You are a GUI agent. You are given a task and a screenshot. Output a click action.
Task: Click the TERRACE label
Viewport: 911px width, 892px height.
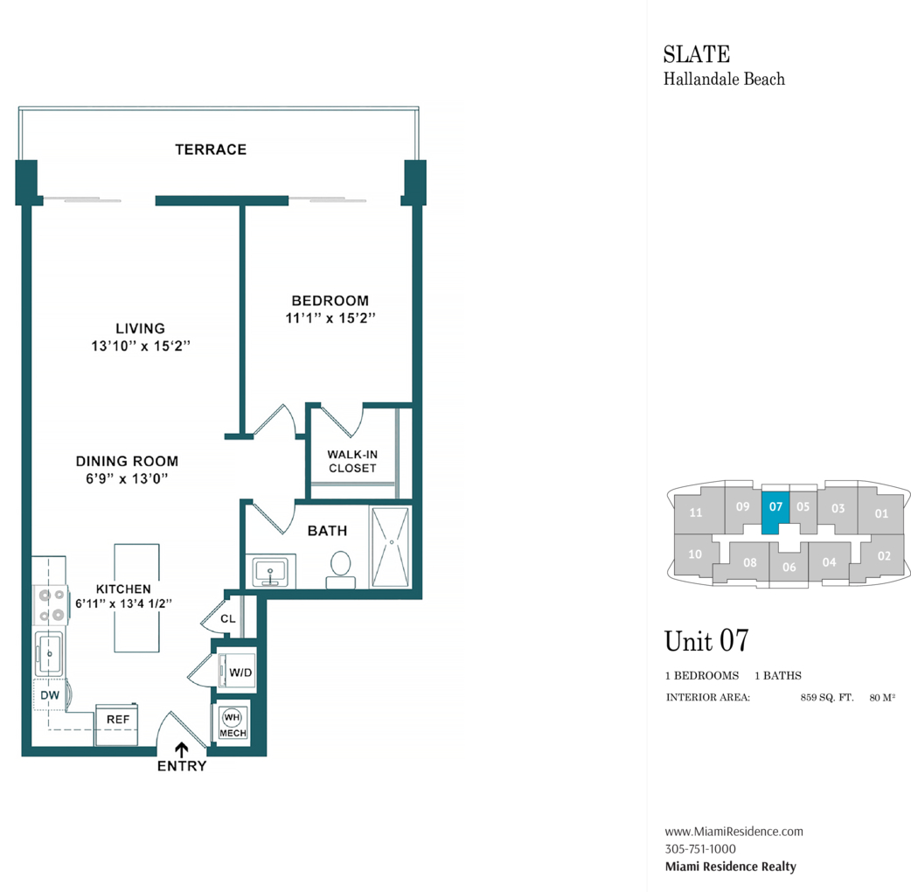[x=211, y=150]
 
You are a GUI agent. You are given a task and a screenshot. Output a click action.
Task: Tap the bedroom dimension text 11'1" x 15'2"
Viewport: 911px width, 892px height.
[x=330, y=317]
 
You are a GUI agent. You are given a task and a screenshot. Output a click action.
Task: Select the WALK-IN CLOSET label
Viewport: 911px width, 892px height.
[x=352, y=462]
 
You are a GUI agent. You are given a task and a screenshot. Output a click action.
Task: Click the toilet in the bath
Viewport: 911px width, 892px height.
[x=340, y=570]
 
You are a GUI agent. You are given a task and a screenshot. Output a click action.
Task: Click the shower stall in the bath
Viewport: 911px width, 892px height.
[x=391, y=547]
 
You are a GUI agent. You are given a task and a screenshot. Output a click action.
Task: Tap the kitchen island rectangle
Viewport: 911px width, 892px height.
[x=136, y=598]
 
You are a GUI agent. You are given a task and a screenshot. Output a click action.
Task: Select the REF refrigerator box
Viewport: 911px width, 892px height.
[x=117, y=724]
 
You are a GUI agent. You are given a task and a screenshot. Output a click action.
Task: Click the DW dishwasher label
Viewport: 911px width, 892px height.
[x=50, y=695]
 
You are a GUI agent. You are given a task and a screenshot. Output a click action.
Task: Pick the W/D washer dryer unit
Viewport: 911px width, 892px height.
[x=237, y=671]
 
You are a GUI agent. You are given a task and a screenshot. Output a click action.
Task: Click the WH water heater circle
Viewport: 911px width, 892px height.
[x=232, y=717]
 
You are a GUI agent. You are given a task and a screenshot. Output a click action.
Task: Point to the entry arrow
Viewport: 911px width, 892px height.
[x=182, y=749]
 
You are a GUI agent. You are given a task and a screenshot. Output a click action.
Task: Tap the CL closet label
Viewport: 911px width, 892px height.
[x=227, y=619]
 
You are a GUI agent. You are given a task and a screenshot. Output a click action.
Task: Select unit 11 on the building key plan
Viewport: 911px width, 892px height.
[x=695, y=512]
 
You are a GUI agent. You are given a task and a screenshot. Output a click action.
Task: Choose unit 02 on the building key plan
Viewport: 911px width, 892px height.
[x=884, y=555]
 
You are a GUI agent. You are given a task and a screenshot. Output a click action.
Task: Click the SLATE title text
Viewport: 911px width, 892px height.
[x=697, y=54]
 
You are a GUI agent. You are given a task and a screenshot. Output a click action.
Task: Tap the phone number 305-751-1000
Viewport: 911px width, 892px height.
[x=700, y=849]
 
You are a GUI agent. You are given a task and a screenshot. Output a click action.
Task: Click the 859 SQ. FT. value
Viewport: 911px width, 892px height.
[x=827, y=697]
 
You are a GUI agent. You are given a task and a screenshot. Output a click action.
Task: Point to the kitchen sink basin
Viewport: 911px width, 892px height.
[x=49, y=654]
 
